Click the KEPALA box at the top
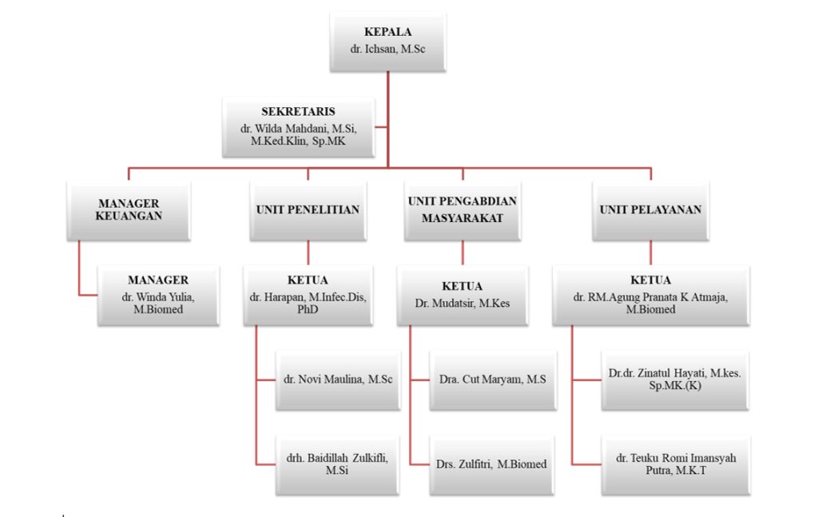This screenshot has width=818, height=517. pos(387,42)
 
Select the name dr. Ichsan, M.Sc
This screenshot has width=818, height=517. pos(387,50)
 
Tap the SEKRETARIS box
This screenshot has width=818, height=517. pos(298,127)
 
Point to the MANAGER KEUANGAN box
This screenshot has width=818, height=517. pos(129,210)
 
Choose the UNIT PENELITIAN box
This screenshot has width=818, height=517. pos(308,210)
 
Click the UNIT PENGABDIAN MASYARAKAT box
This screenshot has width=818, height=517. pos(463,210)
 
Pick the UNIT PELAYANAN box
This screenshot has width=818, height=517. pos(650,210)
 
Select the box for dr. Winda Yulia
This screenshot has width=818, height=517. pos(158,296)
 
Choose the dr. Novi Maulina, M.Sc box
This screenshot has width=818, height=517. pos(336,380)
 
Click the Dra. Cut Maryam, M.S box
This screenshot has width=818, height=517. pos(492,380)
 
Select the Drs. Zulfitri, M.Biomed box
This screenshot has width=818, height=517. pos(492,464)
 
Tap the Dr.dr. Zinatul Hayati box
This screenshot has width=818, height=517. pos(675,380)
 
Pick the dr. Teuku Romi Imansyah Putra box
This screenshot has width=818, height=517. pos(675,464)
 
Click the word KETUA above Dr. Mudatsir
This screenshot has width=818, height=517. pos(463,286)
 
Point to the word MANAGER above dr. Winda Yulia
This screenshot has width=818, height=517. pos(158,280)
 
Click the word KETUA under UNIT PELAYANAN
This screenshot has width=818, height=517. pos(650,280)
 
